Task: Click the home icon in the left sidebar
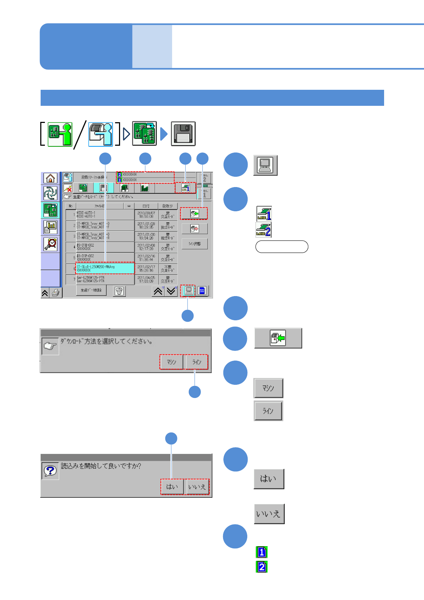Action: [x=50, y=178]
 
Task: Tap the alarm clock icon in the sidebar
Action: [x=50, y=244]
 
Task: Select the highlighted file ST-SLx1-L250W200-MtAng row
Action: [x=105, y=268]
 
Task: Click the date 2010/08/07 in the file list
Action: [x=146, y=214]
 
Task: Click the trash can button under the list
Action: [x=119, y=291]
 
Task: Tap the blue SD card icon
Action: [x=202, y=291]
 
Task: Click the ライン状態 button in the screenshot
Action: [x=194, y=244]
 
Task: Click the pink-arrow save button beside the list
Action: [x=194, y=228]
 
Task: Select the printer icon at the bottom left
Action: [x=56, y=293]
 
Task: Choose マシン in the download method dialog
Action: [x=171, y=362]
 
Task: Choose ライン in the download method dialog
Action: [x=197, y=362]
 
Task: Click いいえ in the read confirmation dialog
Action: [x=197, y=487]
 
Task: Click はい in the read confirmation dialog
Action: [x=172, y=487]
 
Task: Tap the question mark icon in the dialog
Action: [x=50, y=471]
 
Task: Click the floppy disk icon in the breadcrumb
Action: [x=183, y=134]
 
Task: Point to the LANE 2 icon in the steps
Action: [x=263, y=230]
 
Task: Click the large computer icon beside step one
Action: [x=265, y=165]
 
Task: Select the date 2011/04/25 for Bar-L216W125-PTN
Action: [x=146, y=279]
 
